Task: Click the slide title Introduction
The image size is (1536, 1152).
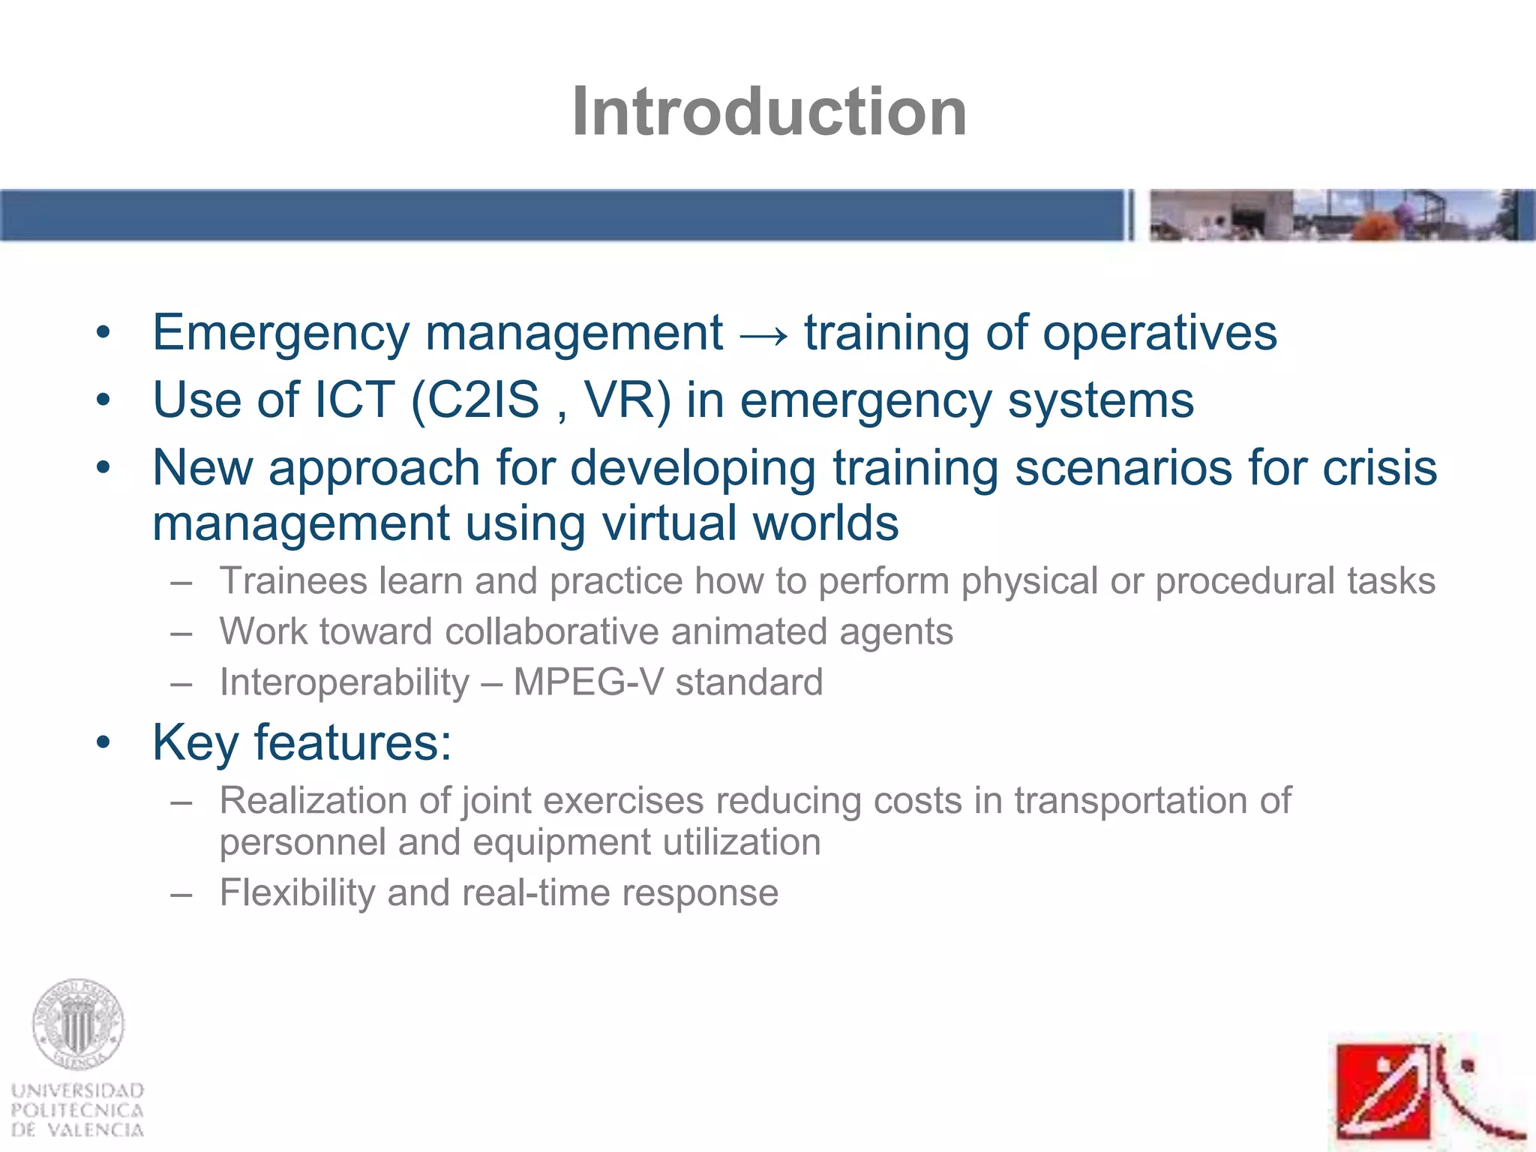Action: click(769, 112)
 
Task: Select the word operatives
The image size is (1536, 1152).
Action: click(1159, 333)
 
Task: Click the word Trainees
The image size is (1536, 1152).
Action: click(293, 581)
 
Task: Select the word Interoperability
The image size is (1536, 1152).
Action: click(344, 682)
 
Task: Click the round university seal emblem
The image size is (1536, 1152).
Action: click(78, 1024)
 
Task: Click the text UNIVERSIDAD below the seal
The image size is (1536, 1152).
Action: click(78, 1090)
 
